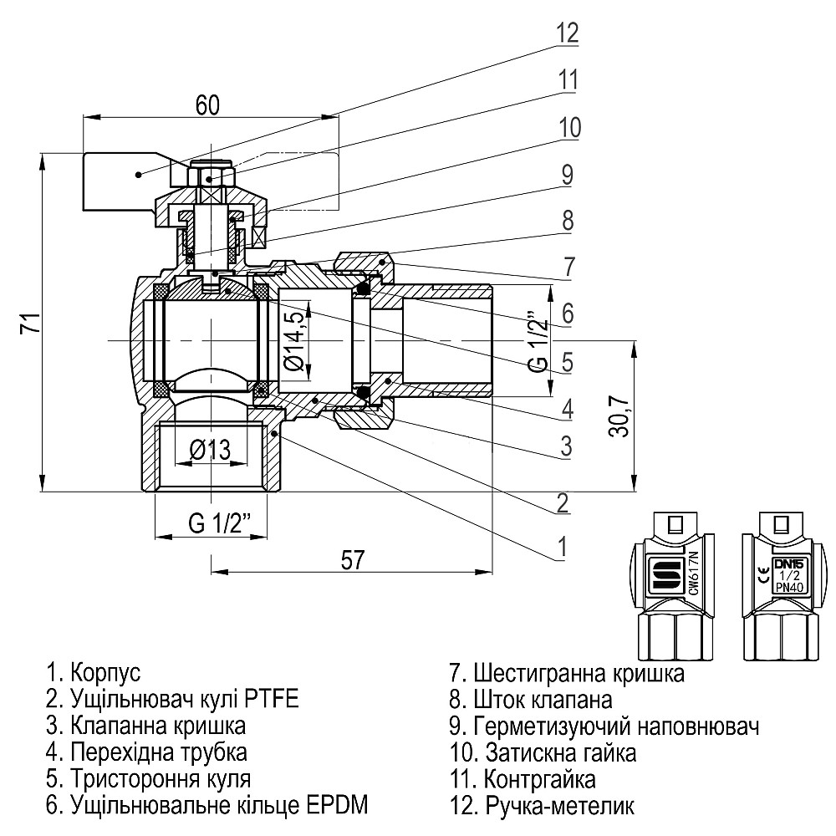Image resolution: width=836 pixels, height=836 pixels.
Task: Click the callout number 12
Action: pos(567,33)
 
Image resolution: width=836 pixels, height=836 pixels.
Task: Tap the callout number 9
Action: pos(567,176)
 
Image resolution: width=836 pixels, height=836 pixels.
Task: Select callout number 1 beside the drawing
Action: pos(563,546)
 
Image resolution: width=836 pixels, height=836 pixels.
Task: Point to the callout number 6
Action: pos(567,313)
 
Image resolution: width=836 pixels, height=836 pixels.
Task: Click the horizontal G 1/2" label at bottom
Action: pos(214,525)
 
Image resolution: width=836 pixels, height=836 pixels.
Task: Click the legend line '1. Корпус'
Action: pos(94,672)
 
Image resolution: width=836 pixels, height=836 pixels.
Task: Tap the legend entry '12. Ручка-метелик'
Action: pos(542,806)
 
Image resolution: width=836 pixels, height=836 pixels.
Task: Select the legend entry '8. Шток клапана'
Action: pos(531,699)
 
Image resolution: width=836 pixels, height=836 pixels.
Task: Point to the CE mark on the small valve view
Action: pos(764,573)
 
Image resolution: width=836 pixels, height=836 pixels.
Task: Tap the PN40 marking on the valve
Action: pos(787,588)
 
